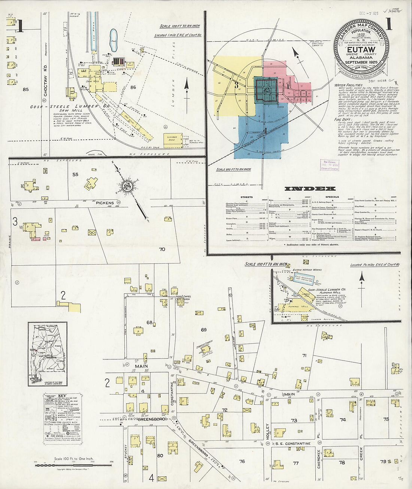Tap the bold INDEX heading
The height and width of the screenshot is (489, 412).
click(x=310, y=188)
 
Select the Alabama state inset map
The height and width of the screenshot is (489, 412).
click(x=48, y=354)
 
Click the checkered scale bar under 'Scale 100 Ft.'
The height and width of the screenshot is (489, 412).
click(x=73, y=465)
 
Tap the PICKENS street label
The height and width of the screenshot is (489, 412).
click(x=104, y=203)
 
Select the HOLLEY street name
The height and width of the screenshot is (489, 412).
click(x=268, y=431)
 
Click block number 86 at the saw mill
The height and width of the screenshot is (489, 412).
click(x=133, y=88)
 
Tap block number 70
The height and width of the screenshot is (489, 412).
click(x=162, y=249)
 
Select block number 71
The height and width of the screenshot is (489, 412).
click(x=304, y=355)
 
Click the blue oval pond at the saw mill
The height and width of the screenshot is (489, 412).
click(x=113, y=37)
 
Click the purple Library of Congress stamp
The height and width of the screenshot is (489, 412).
click(x=329, y=165)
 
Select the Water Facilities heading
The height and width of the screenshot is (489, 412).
click(x=349, y=85)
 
